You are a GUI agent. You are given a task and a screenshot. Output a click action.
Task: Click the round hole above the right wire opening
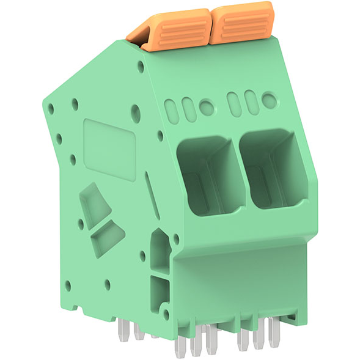(x=268, y=99)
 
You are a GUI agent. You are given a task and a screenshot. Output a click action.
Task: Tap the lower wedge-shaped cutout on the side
(x=106, y=238)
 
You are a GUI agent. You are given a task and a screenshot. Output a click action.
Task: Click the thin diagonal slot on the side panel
(x=152, y=196)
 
